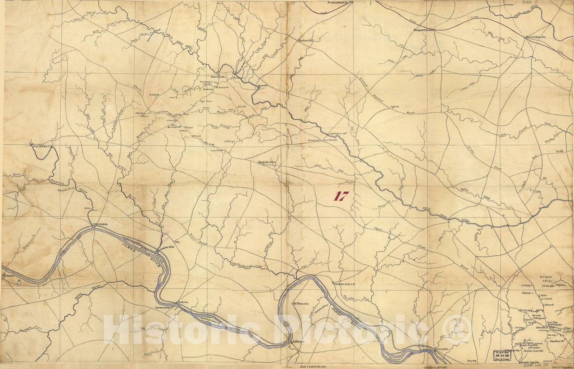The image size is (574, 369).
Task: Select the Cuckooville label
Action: click(306, 41)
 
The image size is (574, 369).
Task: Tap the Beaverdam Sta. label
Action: click(536, 36)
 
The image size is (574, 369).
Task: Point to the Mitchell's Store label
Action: click(268, 162)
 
